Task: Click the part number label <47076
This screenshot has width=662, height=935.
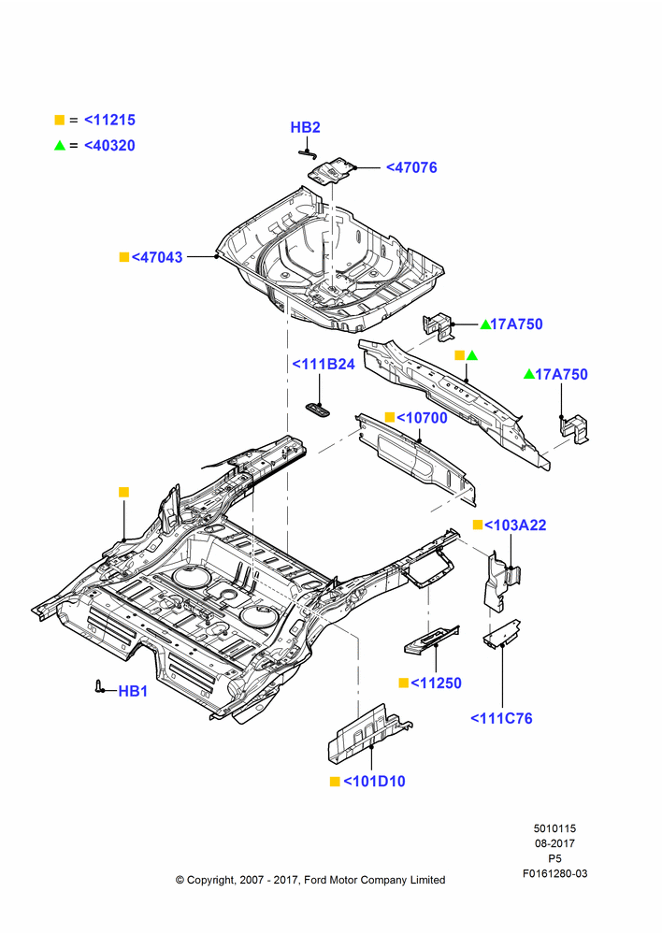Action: click(411, 167)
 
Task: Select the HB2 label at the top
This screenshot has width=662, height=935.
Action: click(306, 127)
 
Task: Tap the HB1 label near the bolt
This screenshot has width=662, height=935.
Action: click(133, 691)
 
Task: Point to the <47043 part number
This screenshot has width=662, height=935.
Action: click(157, 257)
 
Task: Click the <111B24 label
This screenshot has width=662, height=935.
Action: click(324, 364)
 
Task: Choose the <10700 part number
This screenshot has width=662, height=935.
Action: click(422, 417)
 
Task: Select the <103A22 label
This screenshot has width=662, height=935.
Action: click(515, 525)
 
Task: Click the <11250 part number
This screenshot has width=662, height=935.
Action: click(436, 683)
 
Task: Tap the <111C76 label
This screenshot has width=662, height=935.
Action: click(501, 718)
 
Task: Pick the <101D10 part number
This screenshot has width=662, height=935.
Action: click(375, 781)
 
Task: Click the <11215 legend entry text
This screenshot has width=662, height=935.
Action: click(109, 120)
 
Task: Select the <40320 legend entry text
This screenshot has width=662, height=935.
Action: click(109, 146)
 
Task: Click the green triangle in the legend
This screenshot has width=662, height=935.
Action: click(60, 145)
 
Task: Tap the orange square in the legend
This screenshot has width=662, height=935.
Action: click(60, 120)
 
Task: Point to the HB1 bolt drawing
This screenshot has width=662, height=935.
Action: click(98, 686)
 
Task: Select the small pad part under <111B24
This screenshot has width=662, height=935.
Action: click(318, 408)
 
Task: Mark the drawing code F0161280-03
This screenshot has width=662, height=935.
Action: click(554, 873)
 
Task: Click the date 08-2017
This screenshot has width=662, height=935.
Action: click(554, 843)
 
